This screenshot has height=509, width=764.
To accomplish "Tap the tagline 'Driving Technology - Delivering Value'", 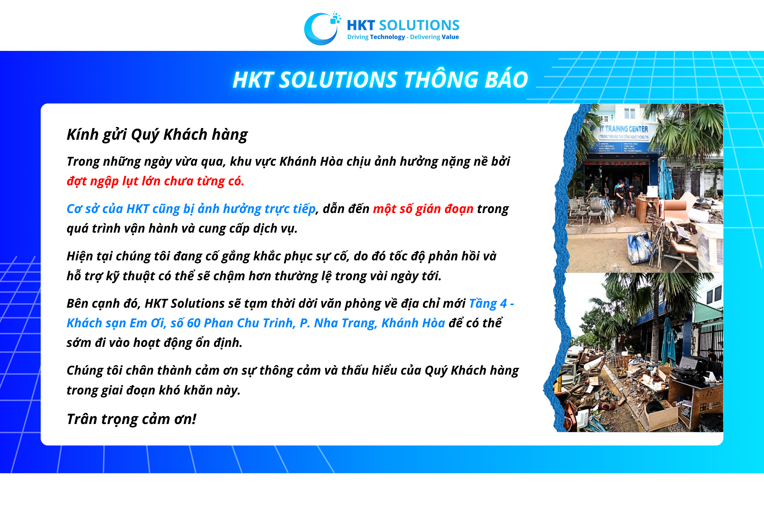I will [403, 37].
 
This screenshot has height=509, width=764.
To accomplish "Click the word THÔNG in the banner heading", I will [440, 80].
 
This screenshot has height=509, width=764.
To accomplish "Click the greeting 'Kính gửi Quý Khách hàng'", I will [157, 134].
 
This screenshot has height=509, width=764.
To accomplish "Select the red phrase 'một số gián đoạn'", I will [423, 209].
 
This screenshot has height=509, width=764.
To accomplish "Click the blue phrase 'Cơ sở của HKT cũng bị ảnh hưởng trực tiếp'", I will [191, 209].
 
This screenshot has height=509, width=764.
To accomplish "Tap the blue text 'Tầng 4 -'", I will [491, 304].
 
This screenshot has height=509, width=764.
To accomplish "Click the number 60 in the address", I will [194, 323].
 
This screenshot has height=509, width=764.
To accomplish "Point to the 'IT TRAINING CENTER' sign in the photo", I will [624, 129].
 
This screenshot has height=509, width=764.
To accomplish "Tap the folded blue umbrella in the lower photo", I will [668, 341].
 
